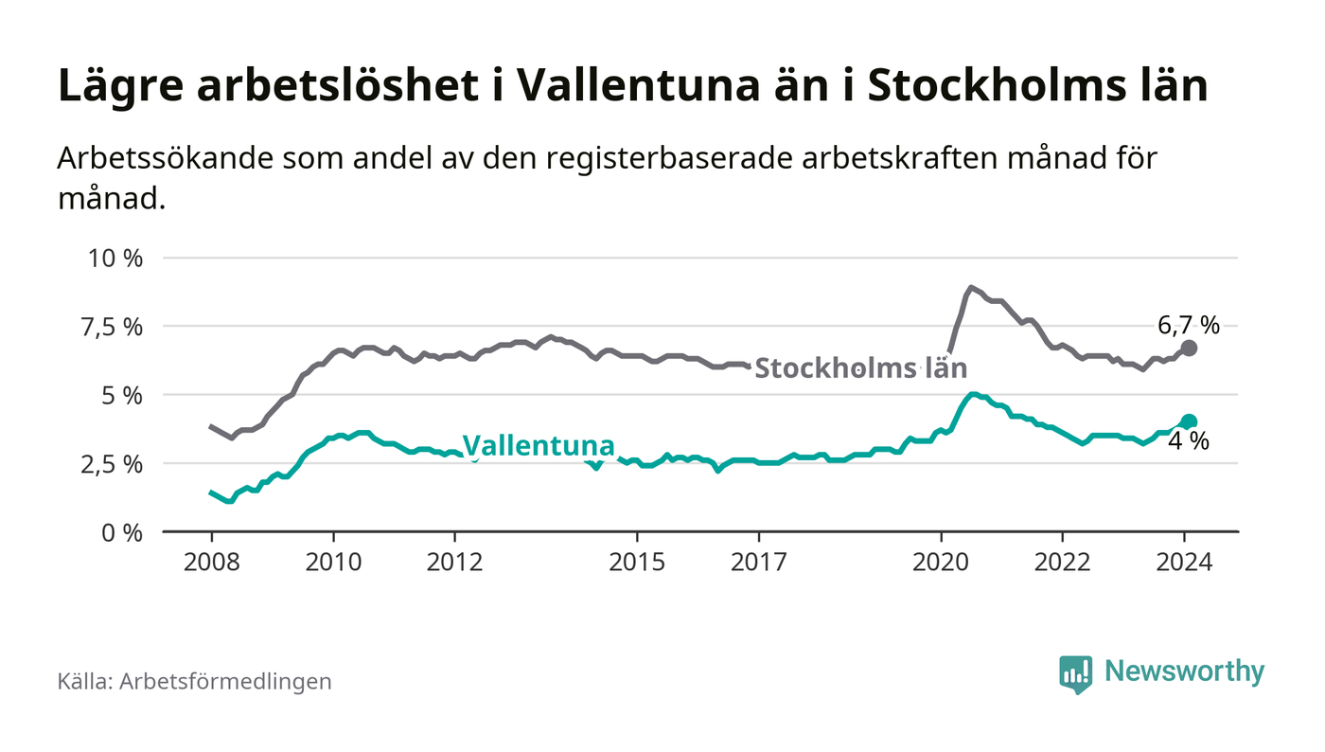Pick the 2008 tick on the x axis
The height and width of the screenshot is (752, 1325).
211,562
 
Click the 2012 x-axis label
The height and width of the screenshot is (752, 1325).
454,562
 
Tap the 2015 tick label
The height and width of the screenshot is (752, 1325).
637,562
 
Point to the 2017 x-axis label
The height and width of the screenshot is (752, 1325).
759,562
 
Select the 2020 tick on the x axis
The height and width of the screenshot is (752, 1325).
941,562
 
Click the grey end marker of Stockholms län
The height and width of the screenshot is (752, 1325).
1190,349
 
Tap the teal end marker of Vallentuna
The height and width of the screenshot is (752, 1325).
1190,421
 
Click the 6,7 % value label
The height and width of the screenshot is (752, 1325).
1189,326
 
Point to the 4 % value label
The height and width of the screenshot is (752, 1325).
1189,441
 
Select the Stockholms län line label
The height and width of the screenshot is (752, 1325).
861,367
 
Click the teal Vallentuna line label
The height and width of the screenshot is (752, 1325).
539,445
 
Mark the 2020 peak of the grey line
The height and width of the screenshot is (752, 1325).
971,287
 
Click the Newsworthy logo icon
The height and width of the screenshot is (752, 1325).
1075,673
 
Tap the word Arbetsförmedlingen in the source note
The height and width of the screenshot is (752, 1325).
225,682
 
